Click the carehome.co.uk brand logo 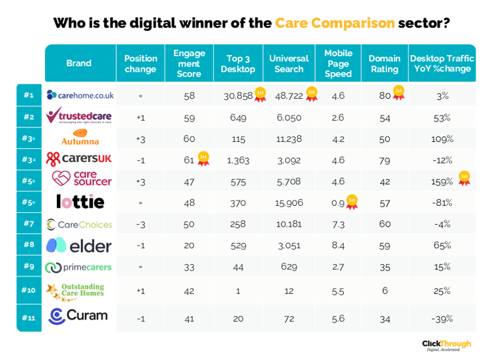point(80,95)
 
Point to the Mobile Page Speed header point(338,63)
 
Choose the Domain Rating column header point(384,63)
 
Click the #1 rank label point(29,95)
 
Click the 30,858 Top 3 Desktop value point(238,95)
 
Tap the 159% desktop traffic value point(442,181)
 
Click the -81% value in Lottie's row point(442,203)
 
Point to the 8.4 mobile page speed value point(338,246)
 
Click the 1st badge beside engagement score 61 point(203,158)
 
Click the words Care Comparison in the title point(335,24)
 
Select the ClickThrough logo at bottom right point(446,345)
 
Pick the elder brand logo point(79,246)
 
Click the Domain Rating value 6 point(384,290)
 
